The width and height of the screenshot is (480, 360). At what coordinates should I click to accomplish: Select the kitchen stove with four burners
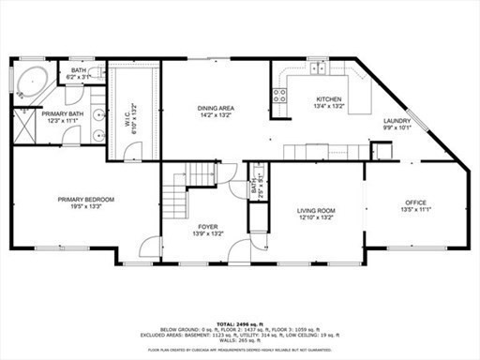point(278,94)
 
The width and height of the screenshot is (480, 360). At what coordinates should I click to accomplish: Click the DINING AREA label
point(215,108)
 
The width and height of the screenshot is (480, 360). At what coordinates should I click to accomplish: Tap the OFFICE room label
point(415,202)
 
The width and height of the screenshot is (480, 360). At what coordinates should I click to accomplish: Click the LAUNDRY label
point(396,122)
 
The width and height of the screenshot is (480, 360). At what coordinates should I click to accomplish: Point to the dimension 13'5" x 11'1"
point(415,210)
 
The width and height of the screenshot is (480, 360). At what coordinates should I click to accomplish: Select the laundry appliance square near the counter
point(381,152)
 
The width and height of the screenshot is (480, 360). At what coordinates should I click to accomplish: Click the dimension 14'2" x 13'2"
point(215,115)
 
